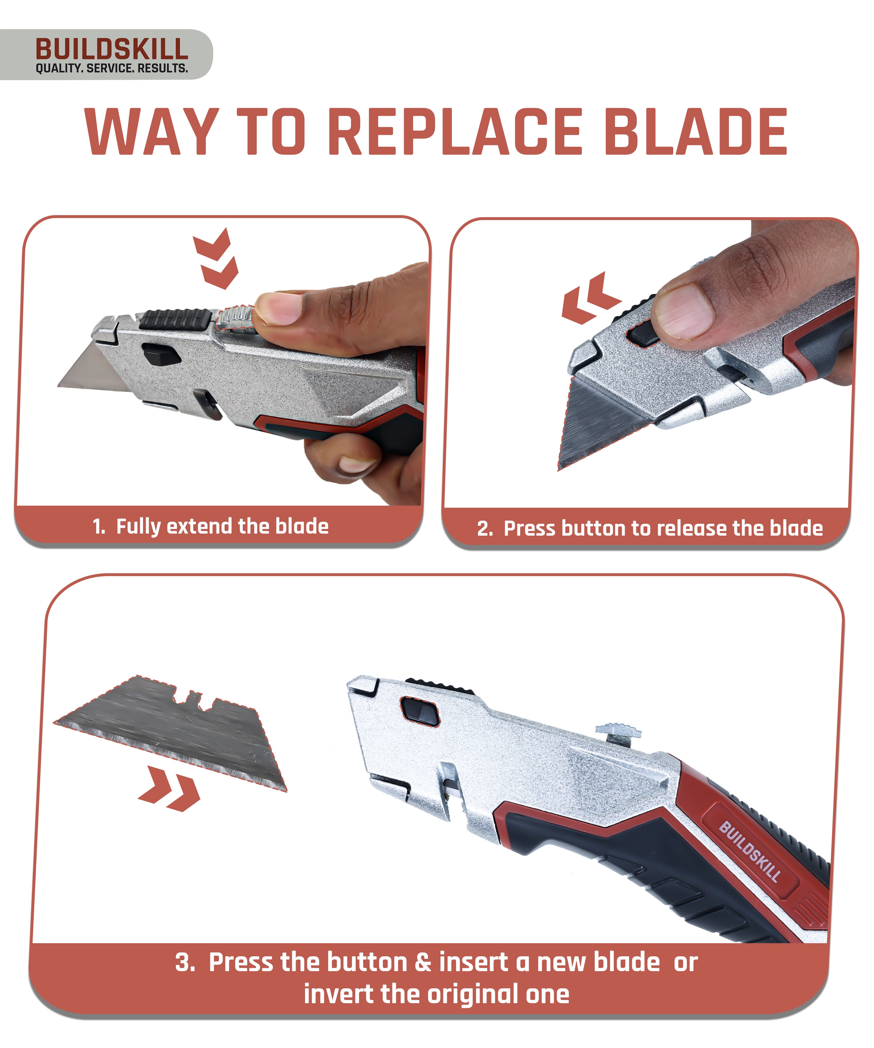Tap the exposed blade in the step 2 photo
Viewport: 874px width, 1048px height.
tap(594, 424)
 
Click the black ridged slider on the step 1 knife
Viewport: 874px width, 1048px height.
tap(175, 318)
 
